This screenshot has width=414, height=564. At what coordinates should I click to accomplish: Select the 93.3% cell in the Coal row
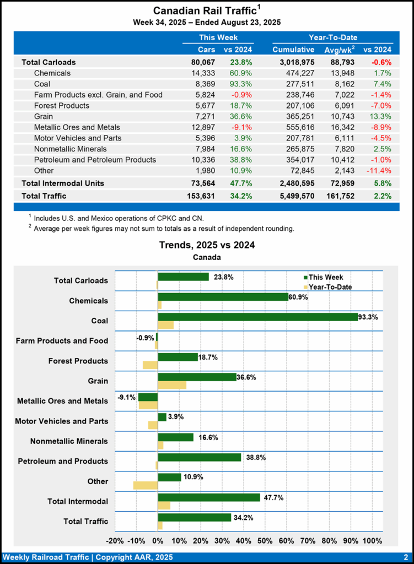click(234, 84)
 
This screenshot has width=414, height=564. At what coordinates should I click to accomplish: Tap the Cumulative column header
click(293, 50)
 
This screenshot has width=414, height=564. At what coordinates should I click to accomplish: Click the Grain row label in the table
click(45, 116)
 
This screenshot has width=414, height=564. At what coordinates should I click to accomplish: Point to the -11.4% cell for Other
click(379, 170)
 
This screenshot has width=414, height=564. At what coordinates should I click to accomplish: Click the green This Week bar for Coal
click(257, 317)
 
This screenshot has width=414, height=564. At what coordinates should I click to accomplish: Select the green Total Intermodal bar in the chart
click(209, 497)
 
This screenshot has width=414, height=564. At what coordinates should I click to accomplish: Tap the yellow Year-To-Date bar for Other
click(146, 485)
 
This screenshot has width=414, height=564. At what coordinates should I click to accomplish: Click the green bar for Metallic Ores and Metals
click(148, 397)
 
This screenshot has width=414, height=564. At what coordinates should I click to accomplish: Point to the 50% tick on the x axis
click(265, 540)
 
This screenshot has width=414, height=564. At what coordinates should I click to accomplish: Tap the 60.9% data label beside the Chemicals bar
click(298, 297)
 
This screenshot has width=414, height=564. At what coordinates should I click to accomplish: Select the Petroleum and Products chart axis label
click(63, 461)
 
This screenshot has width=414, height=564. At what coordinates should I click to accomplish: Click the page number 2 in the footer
click(405, 557)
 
